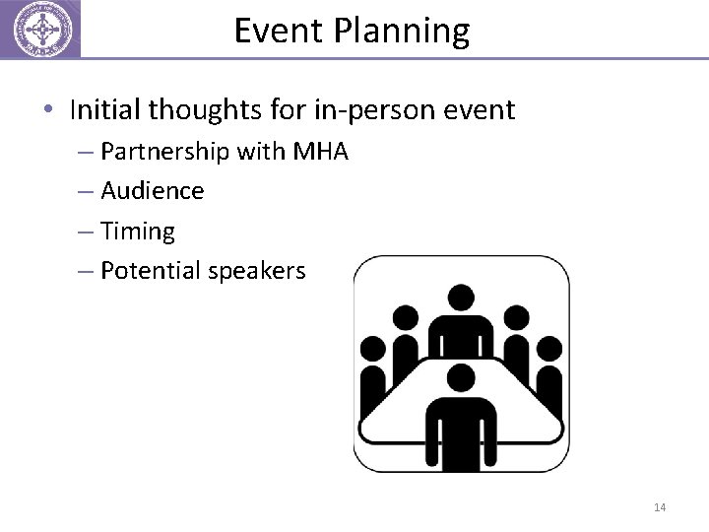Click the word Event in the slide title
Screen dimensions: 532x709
(x=279, y=31)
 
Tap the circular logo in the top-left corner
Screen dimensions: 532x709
(x=39, y=29)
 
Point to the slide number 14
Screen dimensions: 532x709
(x=660, y=507)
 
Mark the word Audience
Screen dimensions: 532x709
(x=153, y=191)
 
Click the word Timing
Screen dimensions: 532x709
(x=138, y=232)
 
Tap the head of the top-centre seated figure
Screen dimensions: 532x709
(x=460, y=298)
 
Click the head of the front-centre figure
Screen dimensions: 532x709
(x=460, y=376)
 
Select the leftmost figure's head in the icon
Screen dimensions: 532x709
(x=374, y=348)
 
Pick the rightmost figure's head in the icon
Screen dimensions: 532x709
(x=548, y=348)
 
